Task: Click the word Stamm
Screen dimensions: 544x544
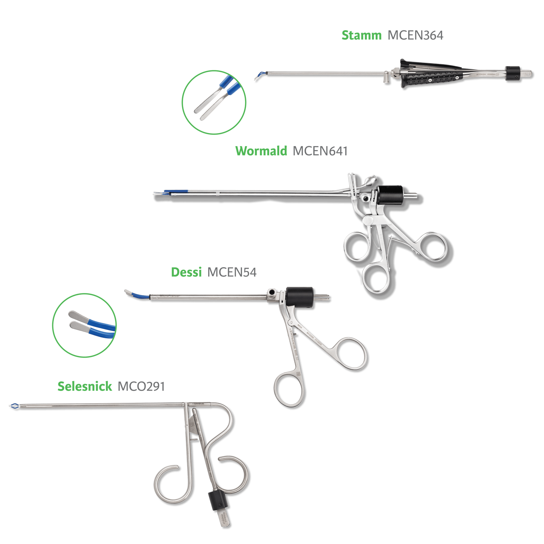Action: click(x=361, y=36)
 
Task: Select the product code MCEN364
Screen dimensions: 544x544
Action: click(x=415, y=36)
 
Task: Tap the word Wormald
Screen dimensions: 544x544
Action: click(x=261, y=151)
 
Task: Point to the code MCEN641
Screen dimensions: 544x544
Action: click(x=320, y=151)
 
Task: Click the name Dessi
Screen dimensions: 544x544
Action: click(x=186, y=272)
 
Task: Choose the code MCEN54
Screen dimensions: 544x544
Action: click(x=232, y=272)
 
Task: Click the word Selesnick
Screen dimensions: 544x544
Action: click(x=85, y=387)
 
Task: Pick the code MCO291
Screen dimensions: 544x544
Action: click(x=141, y=387)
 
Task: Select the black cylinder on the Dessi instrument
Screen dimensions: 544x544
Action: click(x=300, y=297)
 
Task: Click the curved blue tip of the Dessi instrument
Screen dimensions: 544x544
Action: click(x=140, y=296)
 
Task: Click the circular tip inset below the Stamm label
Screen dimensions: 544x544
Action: click(x=214, y=103)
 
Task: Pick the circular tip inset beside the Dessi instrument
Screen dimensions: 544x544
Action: click(x=85, y=325)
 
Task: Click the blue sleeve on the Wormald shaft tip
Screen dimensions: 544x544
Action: click(x=176, y=191)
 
